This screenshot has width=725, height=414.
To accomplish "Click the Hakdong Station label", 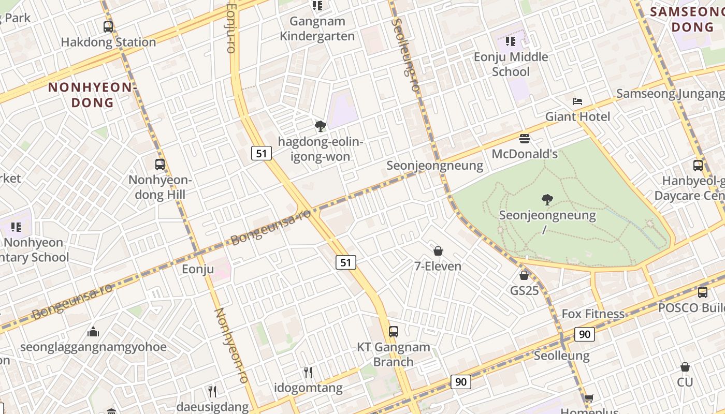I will (x=108, y=42).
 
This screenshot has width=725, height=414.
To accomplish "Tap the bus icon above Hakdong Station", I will (x=108, y=27).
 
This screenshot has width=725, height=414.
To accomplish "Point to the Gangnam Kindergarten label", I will (x=317, y=28).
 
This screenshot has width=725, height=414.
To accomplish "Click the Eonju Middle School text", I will (x=511, y=64).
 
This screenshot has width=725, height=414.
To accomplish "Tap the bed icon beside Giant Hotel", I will (x=577, y=101).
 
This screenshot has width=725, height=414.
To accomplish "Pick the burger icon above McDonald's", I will (x=525, y=139).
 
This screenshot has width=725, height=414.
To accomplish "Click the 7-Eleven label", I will (x=438, y=266).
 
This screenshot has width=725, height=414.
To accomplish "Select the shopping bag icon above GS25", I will (x=524, y=275).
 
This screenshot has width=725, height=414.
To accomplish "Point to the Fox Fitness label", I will (x=593, y=314).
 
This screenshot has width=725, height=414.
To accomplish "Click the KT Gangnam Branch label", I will (x=394, y=354).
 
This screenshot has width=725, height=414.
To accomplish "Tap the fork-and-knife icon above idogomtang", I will (x=308, y=373).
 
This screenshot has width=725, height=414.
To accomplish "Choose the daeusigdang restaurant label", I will (x=212, y=407).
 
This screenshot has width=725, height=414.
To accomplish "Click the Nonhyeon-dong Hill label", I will (x=160, y=187).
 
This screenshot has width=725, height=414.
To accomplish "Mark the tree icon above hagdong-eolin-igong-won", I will (x=321, y=126).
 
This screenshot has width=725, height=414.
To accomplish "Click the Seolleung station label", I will (x=561, y=356).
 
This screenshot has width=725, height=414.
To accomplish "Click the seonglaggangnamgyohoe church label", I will (x=93, y=347).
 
